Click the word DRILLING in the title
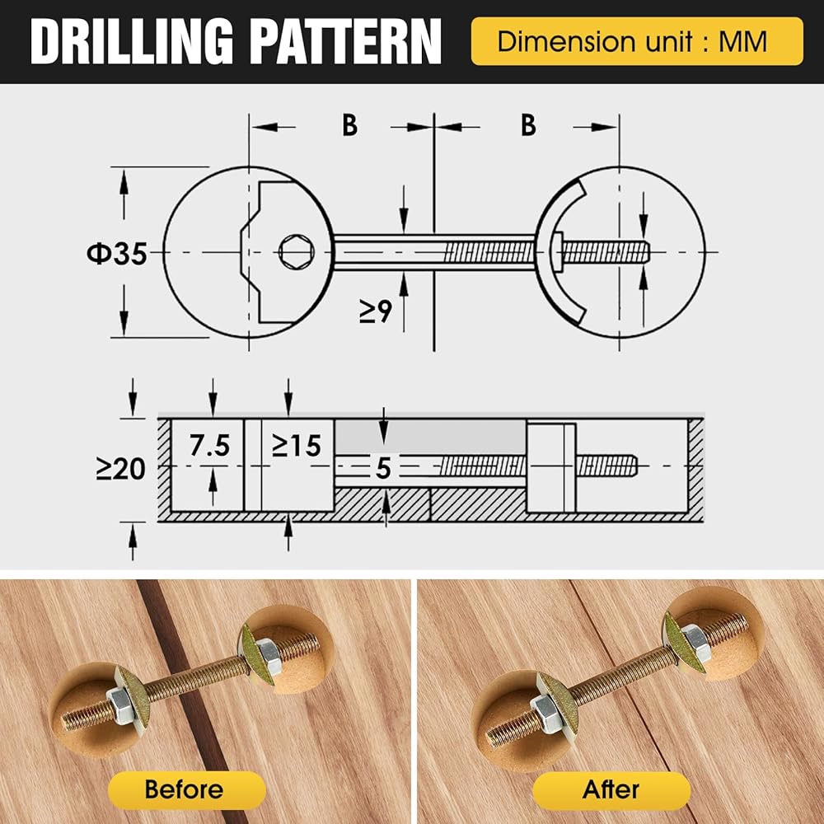coord(131,41)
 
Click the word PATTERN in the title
coord(345,41)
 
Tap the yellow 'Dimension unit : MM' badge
coord(637,41)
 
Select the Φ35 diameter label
coord(117,253)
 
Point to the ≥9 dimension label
coord(376,311)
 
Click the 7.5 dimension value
coord(209,446)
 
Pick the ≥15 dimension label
coord(297,446)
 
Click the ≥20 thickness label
coord(120,468)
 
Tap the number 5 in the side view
coord(384,468)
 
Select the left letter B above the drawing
coord(350,125)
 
